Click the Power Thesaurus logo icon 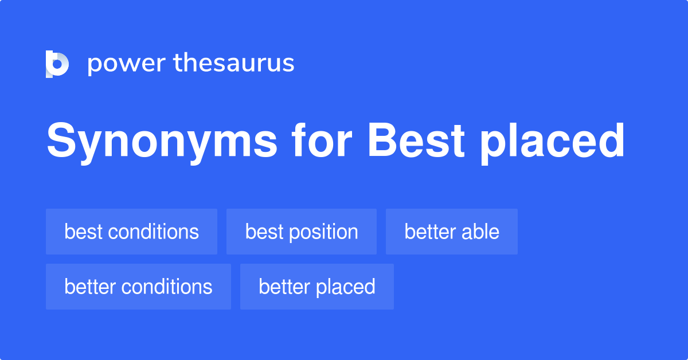tap(57, 64)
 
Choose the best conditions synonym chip tap(131, 232)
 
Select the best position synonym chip tap(302, 232)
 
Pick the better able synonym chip tap(452, 232)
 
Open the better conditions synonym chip tap(138, 287)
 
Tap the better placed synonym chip tap(317, 287)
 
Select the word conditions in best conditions tap(154, 232)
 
